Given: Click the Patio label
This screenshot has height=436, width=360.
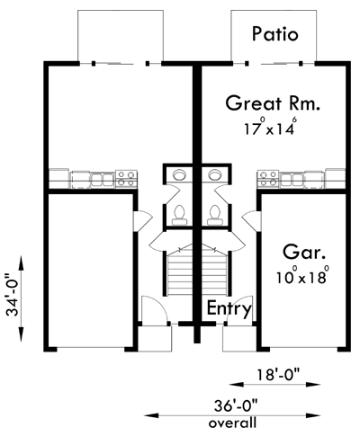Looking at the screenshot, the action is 275,34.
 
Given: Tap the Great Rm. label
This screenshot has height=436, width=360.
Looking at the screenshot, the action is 273,103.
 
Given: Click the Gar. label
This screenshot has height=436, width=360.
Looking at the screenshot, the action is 304,253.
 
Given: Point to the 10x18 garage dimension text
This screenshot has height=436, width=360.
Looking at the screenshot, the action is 302,275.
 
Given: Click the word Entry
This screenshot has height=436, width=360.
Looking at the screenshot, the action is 229,308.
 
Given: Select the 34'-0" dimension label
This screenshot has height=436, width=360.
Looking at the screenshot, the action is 13,295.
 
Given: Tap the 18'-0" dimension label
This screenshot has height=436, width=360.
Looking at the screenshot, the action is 278,375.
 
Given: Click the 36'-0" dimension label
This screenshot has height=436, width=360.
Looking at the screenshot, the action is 237,406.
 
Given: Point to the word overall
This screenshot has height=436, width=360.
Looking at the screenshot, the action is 232,423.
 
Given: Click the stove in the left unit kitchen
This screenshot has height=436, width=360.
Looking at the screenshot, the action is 126,179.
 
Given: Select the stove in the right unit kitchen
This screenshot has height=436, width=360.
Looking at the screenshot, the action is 268,179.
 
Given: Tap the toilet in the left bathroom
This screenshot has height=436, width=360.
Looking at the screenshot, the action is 180,215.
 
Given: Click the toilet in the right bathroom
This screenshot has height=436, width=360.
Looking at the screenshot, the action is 215,215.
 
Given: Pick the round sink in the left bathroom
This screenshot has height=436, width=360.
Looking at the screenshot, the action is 180,174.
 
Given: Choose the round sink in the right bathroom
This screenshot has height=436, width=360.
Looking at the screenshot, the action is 215,174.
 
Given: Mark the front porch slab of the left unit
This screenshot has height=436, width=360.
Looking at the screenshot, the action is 155,339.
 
